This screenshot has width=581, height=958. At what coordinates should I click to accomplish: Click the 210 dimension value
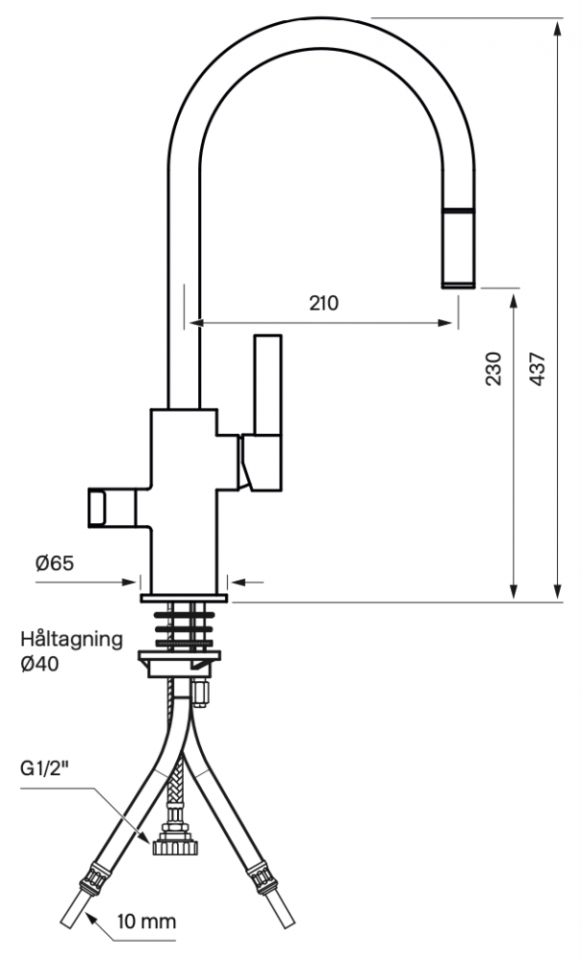tap(323, 303)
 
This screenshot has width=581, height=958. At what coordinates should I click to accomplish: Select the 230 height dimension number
tap(493, 369)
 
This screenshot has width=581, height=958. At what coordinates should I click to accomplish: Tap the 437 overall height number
tap(536, 369)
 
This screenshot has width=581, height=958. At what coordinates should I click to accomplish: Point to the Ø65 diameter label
tap(55, 562)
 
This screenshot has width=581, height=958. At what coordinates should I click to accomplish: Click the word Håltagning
tap(72, 640)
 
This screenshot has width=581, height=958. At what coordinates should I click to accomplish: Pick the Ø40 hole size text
tap(39, 664)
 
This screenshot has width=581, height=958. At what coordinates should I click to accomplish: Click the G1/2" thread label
tap(45, 768)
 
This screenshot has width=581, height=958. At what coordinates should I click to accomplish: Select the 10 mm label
tap(147, 921)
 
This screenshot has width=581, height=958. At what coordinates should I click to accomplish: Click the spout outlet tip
tap(458, 284)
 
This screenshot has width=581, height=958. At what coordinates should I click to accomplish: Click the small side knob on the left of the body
tap(98, 508)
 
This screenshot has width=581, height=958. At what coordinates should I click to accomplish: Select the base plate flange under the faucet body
tap(184, 598)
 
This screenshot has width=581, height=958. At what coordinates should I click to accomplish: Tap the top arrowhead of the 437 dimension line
tap(557, 27)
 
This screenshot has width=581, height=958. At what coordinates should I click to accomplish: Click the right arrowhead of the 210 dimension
tap(446, 323)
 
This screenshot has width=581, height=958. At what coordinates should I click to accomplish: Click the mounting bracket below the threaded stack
tap(179, 663)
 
